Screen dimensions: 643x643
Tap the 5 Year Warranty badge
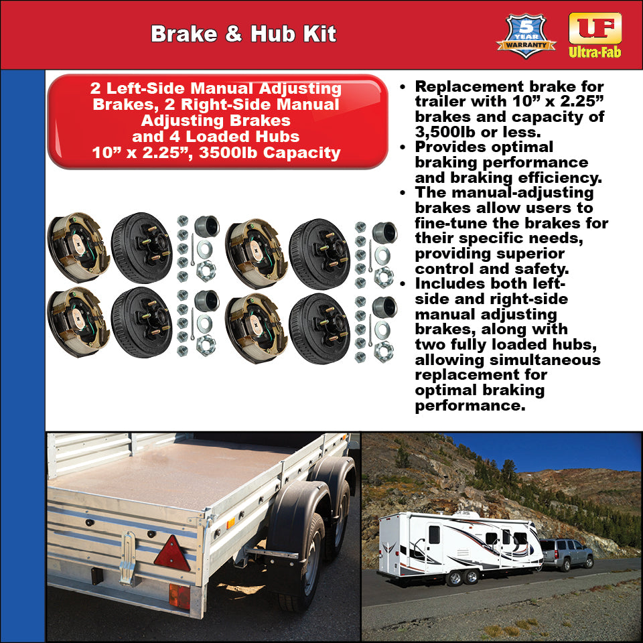coord(526,36)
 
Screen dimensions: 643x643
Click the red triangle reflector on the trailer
coord(172,554)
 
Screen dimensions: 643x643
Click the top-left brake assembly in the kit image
coord(78,246)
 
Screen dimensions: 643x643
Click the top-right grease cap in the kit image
coord(384,232)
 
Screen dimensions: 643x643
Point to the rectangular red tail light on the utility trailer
coord(179,595)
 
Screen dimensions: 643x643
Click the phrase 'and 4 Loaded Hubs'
coord(216,137)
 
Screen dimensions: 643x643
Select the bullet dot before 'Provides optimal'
coord(403,147)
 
